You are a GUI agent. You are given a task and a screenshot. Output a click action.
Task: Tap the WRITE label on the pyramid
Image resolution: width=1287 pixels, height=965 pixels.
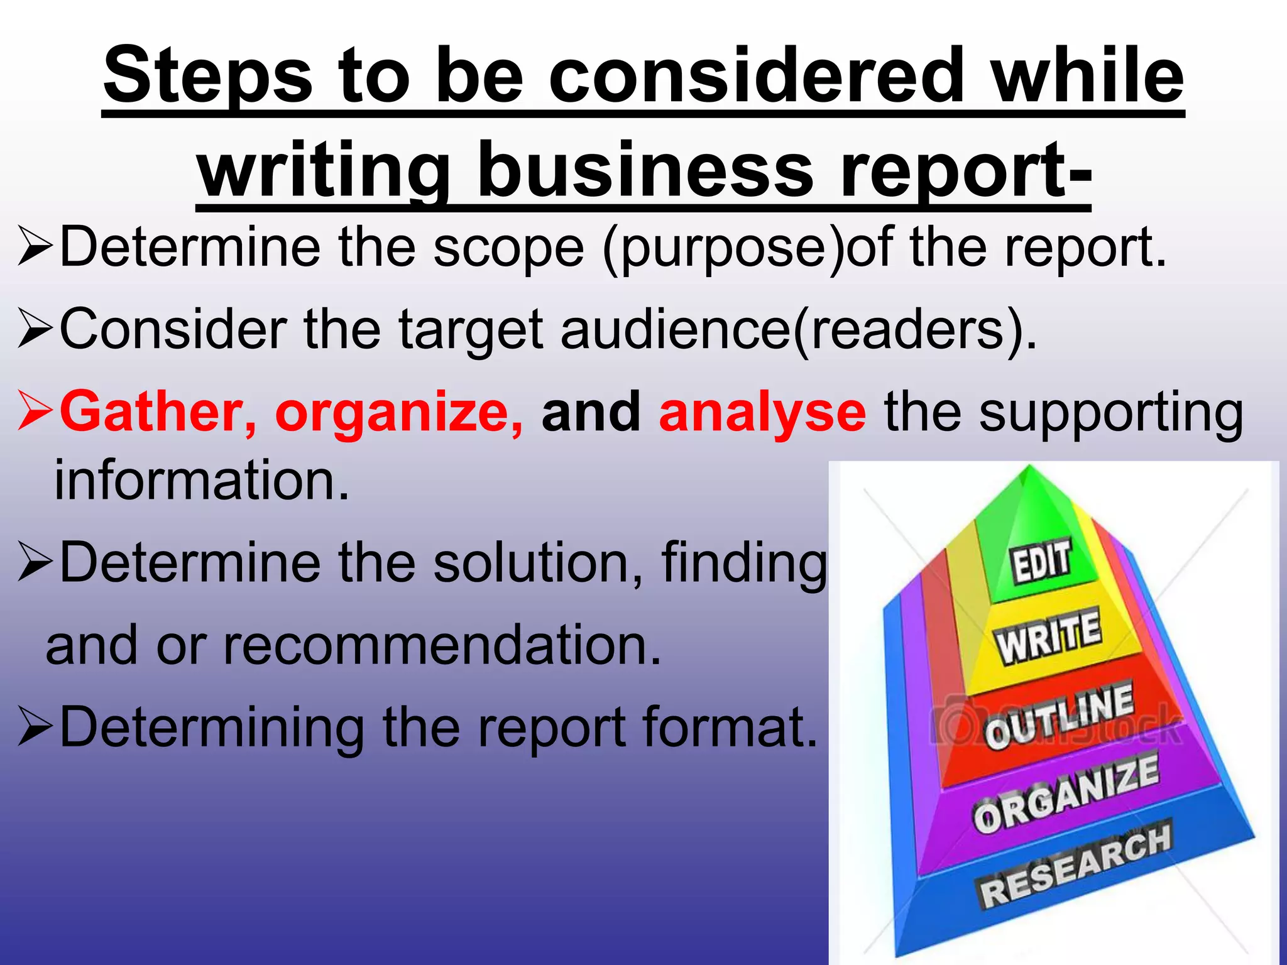1048,636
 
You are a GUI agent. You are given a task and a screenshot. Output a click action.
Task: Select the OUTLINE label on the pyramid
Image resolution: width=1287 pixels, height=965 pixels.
1059,716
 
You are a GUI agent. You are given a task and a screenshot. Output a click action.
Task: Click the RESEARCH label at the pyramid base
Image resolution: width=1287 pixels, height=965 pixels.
1075,867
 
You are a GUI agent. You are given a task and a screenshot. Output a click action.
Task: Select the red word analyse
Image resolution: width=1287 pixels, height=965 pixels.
762,413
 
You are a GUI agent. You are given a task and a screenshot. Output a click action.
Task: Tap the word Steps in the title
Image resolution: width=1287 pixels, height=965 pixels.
208,77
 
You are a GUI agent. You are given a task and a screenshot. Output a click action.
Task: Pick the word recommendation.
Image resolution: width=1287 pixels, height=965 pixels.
442,646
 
